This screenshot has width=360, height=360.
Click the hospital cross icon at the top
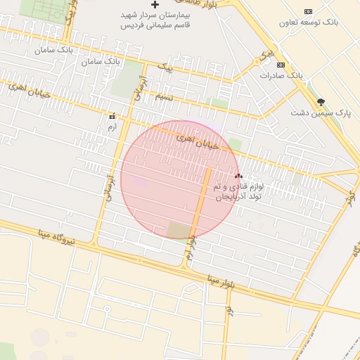(x=155, y=5)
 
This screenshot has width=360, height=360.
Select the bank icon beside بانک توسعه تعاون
(x=308, y=11)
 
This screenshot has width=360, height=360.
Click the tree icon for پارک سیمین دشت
(x=321, y=102)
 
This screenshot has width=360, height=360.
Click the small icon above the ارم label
(x=112, y=116)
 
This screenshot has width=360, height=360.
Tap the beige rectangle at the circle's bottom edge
(x=179, y=231)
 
